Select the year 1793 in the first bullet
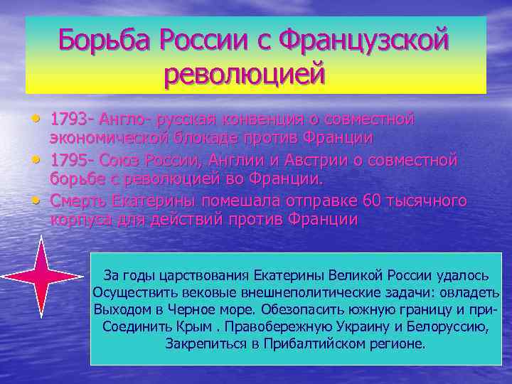pos(71,117)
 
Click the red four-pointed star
pos(40,277)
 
